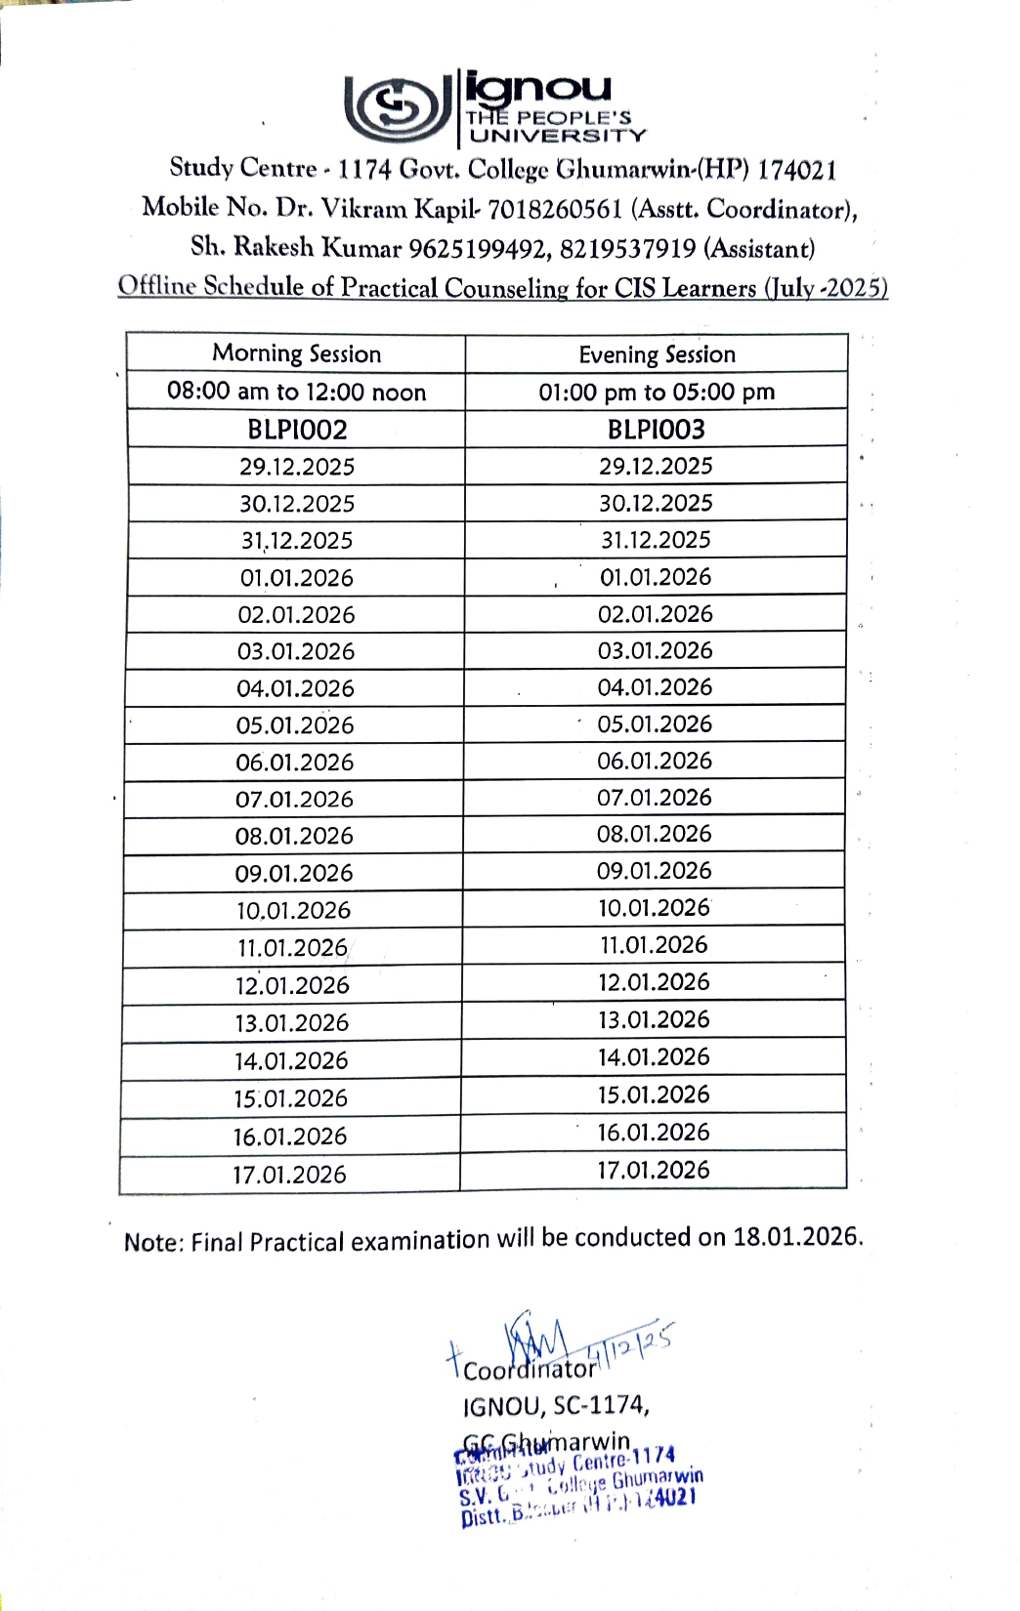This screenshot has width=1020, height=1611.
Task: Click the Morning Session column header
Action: [296, 353]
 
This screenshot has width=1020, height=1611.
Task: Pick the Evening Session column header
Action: [657, 354]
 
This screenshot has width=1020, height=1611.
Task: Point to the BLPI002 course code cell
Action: [297, 430]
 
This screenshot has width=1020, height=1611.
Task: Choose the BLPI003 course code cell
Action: [656, 429]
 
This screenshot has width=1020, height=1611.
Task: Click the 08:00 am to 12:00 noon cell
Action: [296, 392]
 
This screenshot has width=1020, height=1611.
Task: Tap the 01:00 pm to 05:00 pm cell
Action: [657, 392]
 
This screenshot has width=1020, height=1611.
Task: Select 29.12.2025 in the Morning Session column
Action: [297, 467]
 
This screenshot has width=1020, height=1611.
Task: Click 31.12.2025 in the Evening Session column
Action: [656, 540]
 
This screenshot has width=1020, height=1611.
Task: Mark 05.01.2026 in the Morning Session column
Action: [295, 725]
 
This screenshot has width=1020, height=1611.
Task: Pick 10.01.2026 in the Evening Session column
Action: [654, 908]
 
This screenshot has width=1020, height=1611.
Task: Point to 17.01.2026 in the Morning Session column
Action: [289, 1175]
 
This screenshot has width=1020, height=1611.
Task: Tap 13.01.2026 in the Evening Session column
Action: [654, 1019]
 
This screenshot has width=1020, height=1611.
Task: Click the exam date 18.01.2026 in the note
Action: [797, 1236]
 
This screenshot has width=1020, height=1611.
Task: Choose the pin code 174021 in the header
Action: [797, 170]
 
